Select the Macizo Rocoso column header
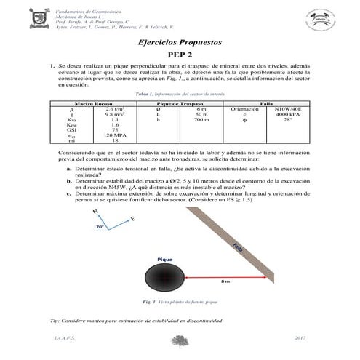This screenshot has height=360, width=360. tap(92, 103)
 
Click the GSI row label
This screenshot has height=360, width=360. tap(71, 130)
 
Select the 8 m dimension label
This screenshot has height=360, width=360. tap(225, 281)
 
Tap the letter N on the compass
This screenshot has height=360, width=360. tap(96, 212)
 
